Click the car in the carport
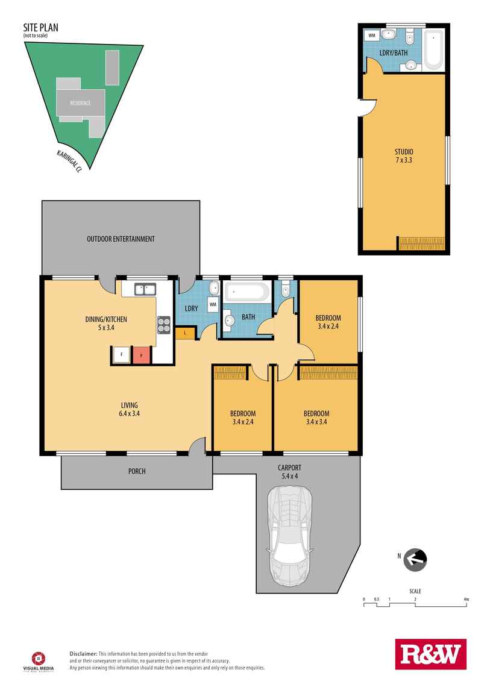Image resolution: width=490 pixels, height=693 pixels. [289, 536]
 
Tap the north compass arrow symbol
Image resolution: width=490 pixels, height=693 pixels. [415, 560]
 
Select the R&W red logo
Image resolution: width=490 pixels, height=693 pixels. [431, 654]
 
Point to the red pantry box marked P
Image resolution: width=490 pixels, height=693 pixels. [142, 355]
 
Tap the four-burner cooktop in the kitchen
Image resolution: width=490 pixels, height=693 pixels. [164, 325]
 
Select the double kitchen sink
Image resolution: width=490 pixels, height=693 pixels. [145, 289]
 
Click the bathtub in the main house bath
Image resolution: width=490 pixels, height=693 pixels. [247, 292]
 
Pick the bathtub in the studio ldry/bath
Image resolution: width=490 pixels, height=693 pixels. [433, 51]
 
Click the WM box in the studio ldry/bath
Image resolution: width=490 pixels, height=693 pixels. [372, 35]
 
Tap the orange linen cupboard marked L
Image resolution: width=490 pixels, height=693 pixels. [185, 333]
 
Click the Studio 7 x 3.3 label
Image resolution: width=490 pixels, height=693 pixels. [404, 156]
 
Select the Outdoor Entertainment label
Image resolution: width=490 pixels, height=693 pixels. [121, 239]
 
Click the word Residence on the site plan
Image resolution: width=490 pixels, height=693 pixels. [80, 103]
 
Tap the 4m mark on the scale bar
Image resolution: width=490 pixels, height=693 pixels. [466, 600]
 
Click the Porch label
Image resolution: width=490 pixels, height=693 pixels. [137, 472]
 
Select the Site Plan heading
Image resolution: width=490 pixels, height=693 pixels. [40, 27]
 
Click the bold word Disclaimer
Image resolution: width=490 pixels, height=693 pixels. [84, 654]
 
